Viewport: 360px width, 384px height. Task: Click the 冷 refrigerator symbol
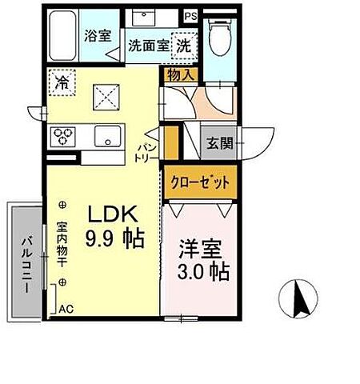[x=60, y=81]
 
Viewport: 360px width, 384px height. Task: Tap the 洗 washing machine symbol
[x=184, y=46]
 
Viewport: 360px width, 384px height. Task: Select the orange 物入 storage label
[x=180, y=75]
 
